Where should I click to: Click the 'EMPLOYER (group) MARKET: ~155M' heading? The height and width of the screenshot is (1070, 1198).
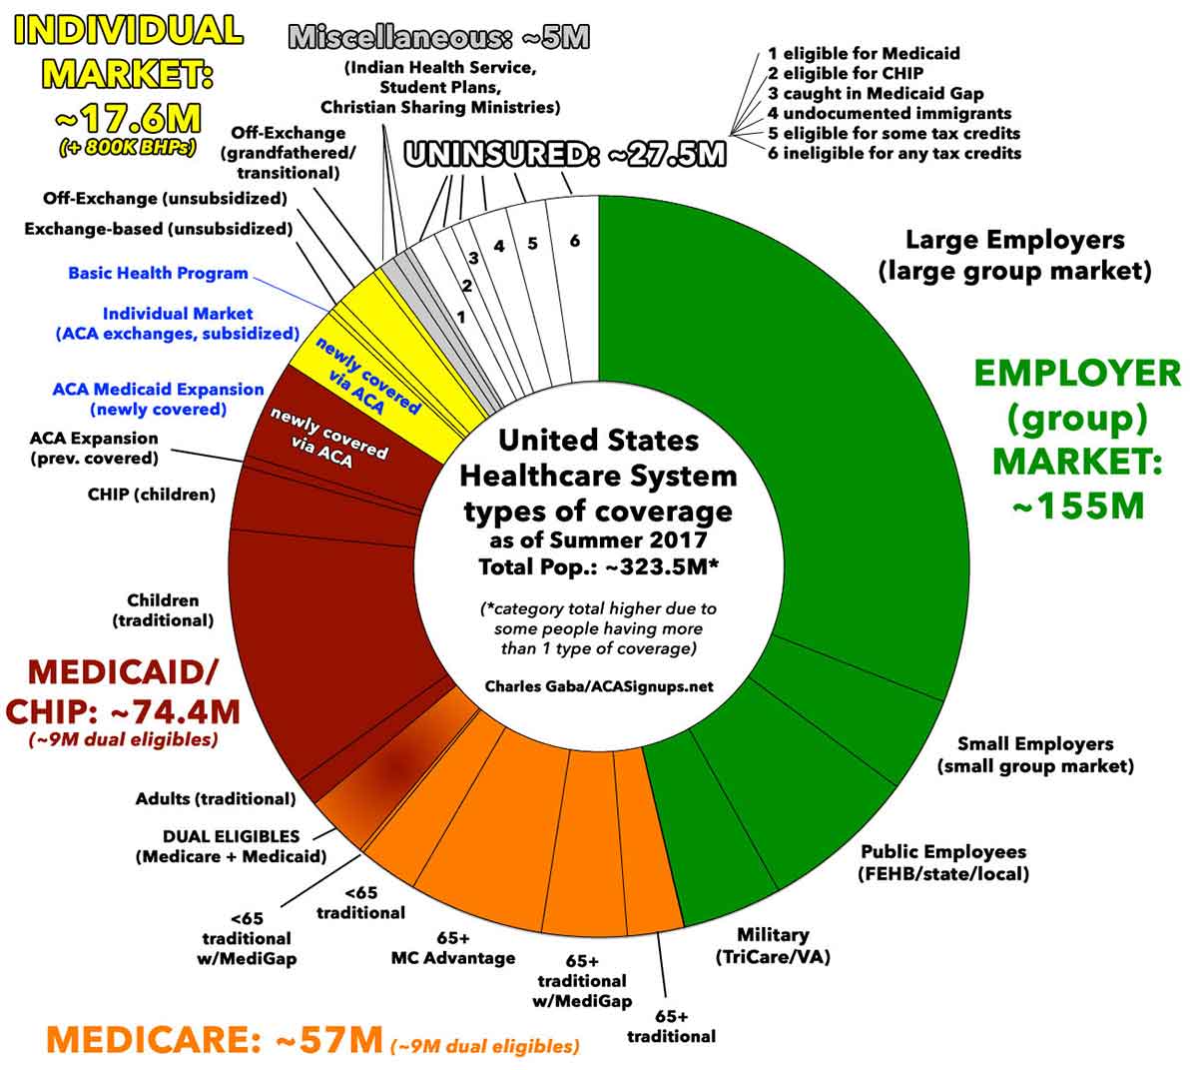(x=1077, y=439)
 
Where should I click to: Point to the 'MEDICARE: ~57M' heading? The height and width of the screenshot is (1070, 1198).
(x=214, y=1040)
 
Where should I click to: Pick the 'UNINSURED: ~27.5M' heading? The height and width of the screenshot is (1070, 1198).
(x=564, y=155)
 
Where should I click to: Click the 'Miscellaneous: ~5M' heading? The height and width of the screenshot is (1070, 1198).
(x=439, y=39)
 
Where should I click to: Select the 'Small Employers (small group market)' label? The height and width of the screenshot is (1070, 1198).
(x=1035, y=755)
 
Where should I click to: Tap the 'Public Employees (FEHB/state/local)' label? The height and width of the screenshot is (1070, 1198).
(x=943, y=862)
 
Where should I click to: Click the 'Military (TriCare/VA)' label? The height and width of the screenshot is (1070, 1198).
(x=773, y=945)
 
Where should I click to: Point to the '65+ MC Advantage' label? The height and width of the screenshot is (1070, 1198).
(x=453, y=948)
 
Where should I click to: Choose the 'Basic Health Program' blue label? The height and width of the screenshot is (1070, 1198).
(x=158, y=273)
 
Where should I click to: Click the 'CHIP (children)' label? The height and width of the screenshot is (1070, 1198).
(x=152, y=494)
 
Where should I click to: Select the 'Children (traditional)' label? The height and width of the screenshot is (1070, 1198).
(x=163, y=609)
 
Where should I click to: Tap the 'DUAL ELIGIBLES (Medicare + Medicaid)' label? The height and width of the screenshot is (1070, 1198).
(x=231, y=846)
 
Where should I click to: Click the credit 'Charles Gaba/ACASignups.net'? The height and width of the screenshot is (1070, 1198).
(x=598, y=686)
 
